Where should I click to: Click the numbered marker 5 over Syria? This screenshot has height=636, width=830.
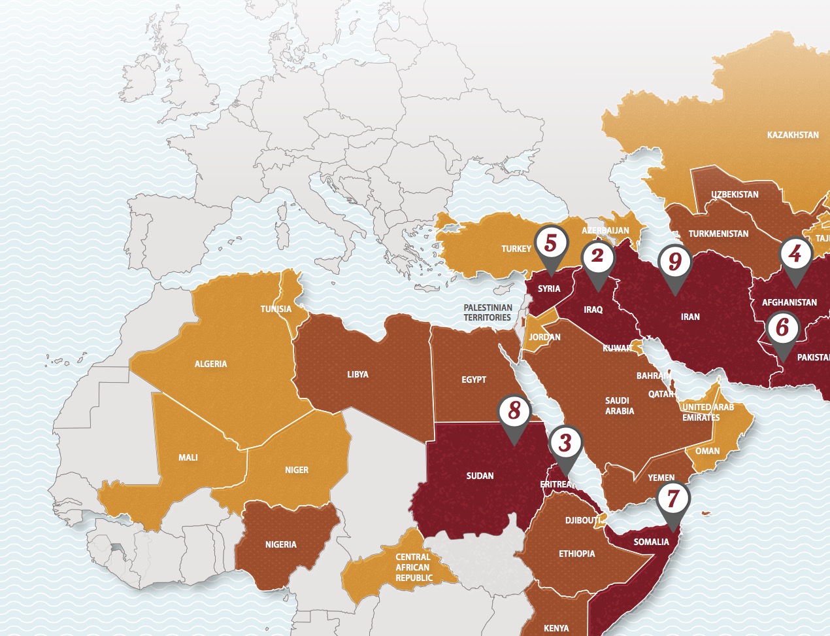pyautogui.click(x=550, y=243)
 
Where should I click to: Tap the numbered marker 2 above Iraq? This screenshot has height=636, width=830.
pyautogui.click(x=597, y=256)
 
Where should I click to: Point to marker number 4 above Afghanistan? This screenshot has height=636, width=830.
pyautogui.click(x=795, y=254)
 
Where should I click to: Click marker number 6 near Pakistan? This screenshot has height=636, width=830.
pyautogui.click(x=782, y=327)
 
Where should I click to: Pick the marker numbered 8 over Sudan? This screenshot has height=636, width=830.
pyautogui.click(x=514, y=411)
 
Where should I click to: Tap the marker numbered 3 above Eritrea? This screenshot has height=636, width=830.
pyautogui.click(x=565, y=443)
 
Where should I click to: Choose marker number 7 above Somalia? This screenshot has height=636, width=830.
pyautogui.click(x=673, y=499)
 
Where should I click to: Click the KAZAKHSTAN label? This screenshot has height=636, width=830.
pyautogui.click(x=792, y=135)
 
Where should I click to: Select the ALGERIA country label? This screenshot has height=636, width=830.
pyautogui.click(x=210, y=364)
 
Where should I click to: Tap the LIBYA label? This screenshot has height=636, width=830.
pyautogui.click(x=357, y=374)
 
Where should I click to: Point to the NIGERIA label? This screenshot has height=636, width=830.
pyautogui.click(x=280, y=544)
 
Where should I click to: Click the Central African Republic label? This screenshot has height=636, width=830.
pyautogui.click(x=413, y=567)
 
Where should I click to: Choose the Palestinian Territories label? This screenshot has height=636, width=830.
pyautogui.click(x=488, y=312)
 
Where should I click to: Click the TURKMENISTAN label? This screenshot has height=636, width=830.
pyautogui.click(x=718, y=234)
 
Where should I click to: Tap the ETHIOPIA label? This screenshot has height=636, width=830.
pyautogui.click(x=576, y=554)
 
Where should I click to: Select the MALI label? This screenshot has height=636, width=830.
pyautogui.click(x=188, y=457)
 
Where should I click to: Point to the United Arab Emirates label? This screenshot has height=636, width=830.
pyautogui.click(x=708, y=412)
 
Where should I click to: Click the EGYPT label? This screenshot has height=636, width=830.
pyautogui.click(x=473, y=380)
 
